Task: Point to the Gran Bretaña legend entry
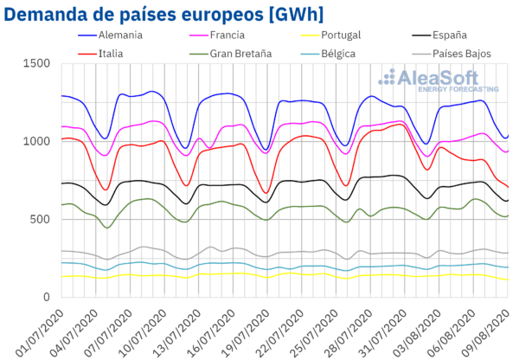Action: tap(234, 54)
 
